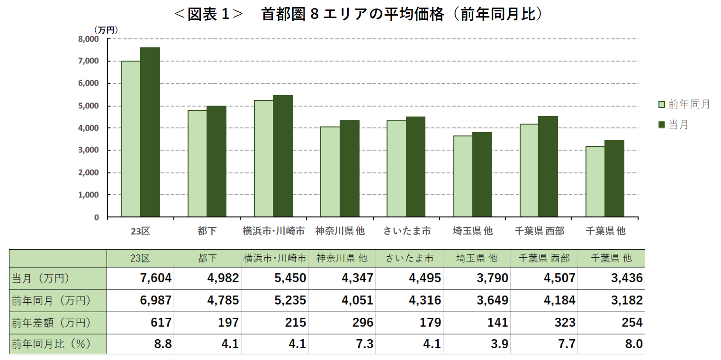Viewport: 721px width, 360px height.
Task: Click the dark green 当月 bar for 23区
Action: (150, 133)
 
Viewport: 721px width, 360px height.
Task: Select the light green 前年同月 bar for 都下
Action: (198, 163)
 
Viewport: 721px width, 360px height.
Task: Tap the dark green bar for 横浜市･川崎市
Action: (283, 156)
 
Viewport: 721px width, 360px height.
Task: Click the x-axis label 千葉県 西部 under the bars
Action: (539, 231)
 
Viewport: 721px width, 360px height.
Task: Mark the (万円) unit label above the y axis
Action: (106, 29)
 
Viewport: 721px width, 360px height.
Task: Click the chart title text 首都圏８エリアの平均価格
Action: (352, 14)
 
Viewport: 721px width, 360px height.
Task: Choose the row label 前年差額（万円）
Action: (51, 323)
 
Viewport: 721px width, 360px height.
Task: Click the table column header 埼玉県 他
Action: (477, 258)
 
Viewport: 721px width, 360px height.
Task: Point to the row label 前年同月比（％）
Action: (51, 344)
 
